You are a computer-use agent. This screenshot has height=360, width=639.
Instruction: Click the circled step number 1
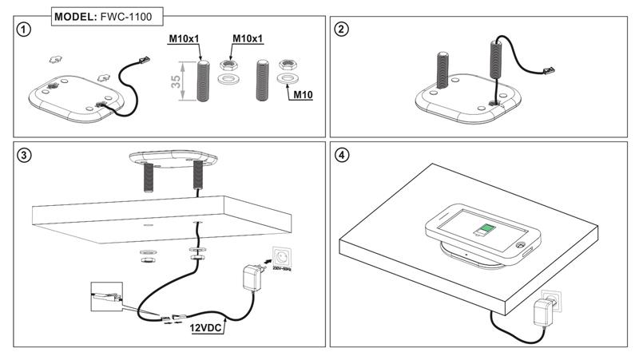(x=25, y=29)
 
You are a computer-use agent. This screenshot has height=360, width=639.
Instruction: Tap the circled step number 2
(x=341, y=30)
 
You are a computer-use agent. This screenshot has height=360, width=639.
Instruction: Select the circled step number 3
(x=25, y=155)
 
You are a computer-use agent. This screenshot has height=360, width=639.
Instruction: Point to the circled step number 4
(x=342, y=155)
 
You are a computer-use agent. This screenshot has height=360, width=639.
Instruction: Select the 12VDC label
(x=206, y=326)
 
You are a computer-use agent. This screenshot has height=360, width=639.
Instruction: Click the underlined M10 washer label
(x=302, y=94)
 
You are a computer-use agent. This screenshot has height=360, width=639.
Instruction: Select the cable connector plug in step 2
(x=550, y=71)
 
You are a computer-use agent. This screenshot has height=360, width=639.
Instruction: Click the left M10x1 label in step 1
(x=184, y=38)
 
